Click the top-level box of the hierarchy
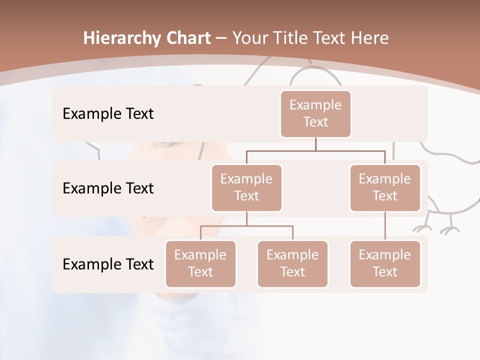315,113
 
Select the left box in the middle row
246,187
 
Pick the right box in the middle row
385,187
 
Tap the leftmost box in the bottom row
200,263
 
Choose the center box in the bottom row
292,263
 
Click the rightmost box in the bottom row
385,263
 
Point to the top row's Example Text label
108,113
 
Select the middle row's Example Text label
108,188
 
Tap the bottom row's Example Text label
108,264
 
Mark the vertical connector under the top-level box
315,144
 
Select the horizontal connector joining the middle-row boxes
315,150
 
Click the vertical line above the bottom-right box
385,226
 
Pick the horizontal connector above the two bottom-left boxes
246,226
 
